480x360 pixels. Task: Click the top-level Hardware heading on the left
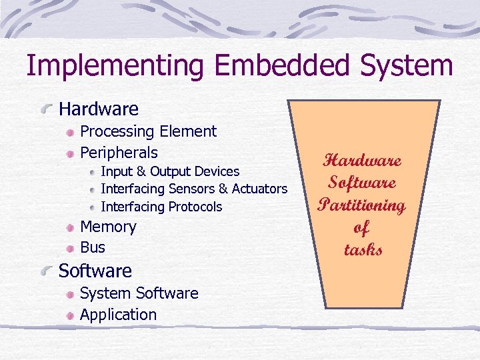click(99, 109)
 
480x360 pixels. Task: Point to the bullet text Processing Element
click(148, 132)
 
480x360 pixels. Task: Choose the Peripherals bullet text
click(119, 152)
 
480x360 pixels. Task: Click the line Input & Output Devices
click(169, 172)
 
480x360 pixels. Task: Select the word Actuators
click(258, 189)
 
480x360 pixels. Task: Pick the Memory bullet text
click(108, 227)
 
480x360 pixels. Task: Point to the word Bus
click(93, 247)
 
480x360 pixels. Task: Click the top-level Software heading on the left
click(95, 271)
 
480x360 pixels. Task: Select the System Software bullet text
click(139, 293)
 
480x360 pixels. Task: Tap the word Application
click(118, 314)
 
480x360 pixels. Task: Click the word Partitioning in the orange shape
click(362, 205)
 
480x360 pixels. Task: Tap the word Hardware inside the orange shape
click(362, 161)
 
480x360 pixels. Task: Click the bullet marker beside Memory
click(71, 228)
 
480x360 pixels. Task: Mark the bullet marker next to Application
click(71, 315)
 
